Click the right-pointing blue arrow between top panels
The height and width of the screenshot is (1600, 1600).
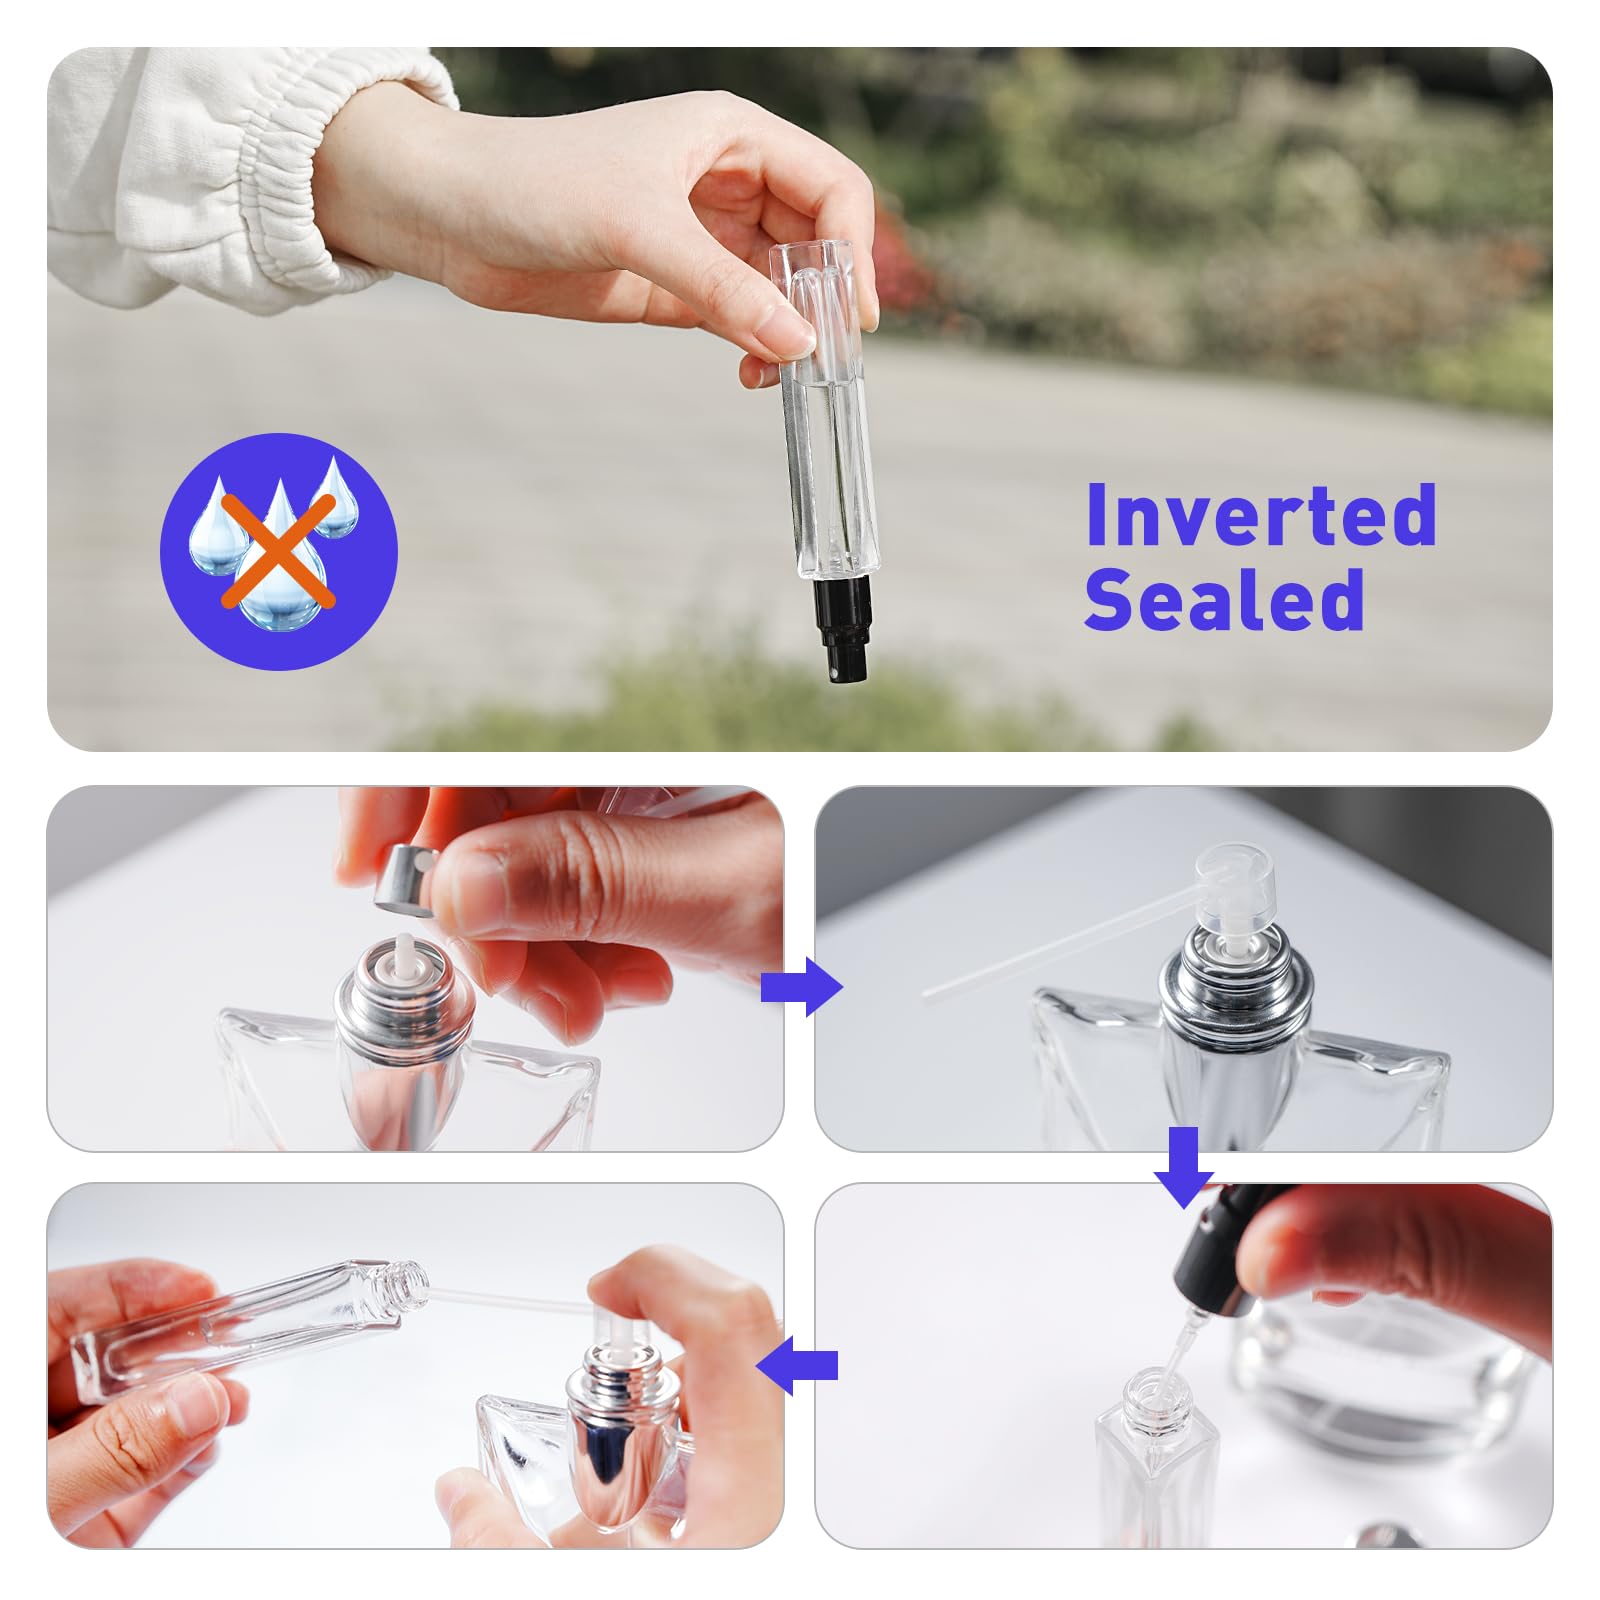click(x=801, y=987)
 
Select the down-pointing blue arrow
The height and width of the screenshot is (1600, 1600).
click(x=1183, y=1166)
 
